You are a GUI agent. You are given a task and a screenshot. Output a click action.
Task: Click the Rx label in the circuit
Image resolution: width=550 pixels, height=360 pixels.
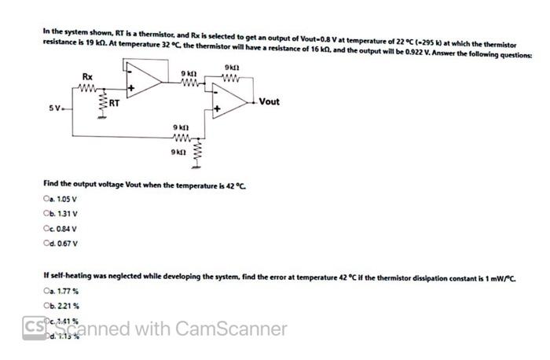[88, 76]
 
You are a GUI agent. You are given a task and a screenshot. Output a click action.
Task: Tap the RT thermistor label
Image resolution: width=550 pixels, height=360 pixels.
[114, 103]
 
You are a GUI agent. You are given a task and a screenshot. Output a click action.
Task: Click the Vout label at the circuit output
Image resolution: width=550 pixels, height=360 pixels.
[269, 102]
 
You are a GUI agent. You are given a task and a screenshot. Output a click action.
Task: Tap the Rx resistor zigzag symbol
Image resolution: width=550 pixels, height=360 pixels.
[88, 88]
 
